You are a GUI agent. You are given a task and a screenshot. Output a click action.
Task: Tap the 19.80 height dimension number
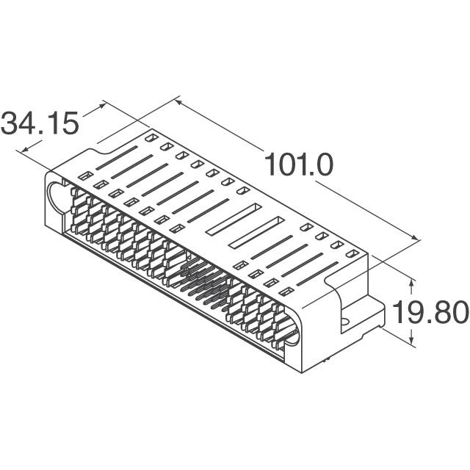[429, 313]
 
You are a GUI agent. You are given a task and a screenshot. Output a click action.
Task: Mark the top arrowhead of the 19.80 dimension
[412, 281]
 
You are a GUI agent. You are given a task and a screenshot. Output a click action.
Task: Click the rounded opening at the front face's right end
[292, 334]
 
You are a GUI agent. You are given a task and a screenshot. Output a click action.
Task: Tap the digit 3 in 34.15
[11, 123]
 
